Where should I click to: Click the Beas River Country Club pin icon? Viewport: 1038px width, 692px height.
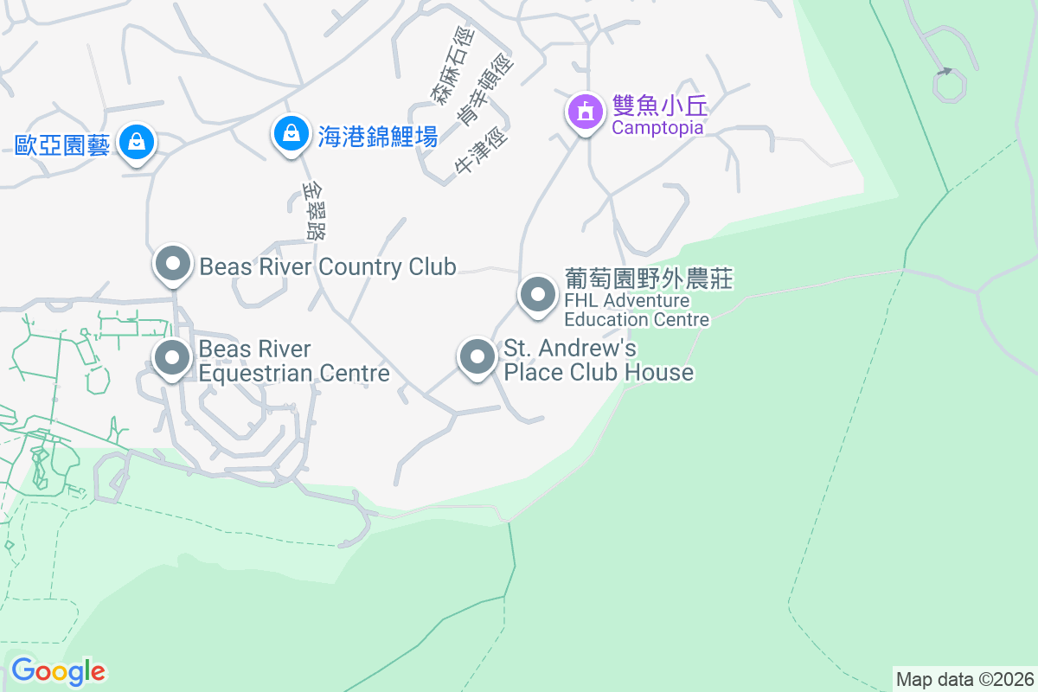click(172, 265)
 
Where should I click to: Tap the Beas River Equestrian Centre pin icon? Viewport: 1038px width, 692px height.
click(172, 357)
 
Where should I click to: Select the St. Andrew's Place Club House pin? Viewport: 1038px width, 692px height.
click(476, 357)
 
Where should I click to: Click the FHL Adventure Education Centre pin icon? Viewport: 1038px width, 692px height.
click(538, 295)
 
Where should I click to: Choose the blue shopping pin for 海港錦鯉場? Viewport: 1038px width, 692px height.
click(292, 134)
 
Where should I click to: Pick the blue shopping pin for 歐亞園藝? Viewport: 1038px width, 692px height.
click(136, 141)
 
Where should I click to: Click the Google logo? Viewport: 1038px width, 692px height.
click(58, 671)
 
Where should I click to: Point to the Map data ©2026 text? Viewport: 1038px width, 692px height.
click(964, 679)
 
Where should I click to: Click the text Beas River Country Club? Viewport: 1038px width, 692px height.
click(328, 266)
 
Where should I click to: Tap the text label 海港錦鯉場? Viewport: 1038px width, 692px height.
click(377, 136)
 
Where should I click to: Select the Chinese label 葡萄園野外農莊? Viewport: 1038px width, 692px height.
click(649, 279)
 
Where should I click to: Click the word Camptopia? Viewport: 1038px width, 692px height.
click(657, 128)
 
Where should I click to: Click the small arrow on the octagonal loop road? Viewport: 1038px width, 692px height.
click(947, 71)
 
